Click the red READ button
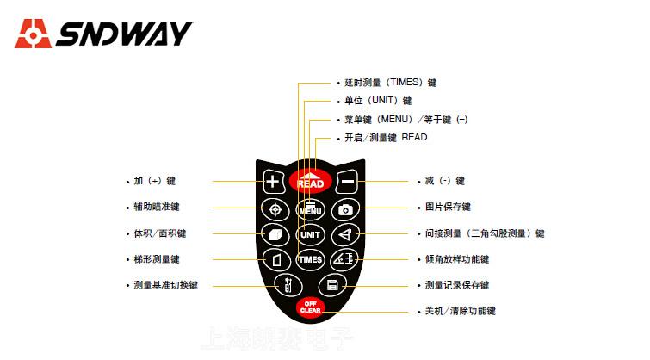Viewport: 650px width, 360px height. click(x=310, y=180)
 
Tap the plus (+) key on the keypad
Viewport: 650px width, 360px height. click(x=272, y=182)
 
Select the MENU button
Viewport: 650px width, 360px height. click(x=310, y=208)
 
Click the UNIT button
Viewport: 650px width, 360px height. click(x=310, y=233)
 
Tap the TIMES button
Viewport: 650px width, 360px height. click(x=310, y=258)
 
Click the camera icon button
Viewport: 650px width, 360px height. click(x=345, y=208)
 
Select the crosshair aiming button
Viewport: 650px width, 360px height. click(x=275, y=208)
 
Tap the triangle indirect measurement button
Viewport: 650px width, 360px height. click(x=344, y=233)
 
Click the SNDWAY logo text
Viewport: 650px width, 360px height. click(x=125, y=34)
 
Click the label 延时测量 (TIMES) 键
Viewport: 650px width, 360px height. click(x=390, y=83)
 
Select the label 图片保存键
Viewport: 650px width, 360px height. click(x=448, y=208)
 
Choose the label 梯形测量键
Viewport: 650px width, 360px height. click(x=157, y=258)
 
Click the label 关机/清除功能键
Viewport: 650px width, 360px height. click(x=461, y=311)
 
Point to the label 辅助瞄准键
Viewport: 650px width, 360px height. click(x=157, y=207)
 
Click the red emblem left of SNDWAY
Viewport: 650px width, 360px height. click(x=33, y=34)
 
